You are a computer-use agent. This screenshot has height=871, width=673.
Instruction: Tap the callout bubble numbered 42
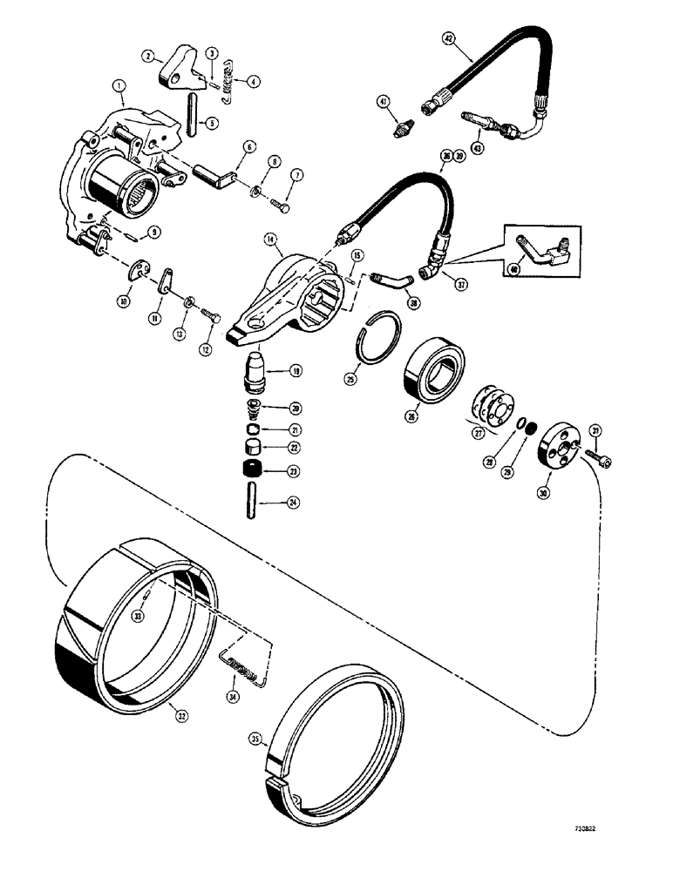448,38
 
